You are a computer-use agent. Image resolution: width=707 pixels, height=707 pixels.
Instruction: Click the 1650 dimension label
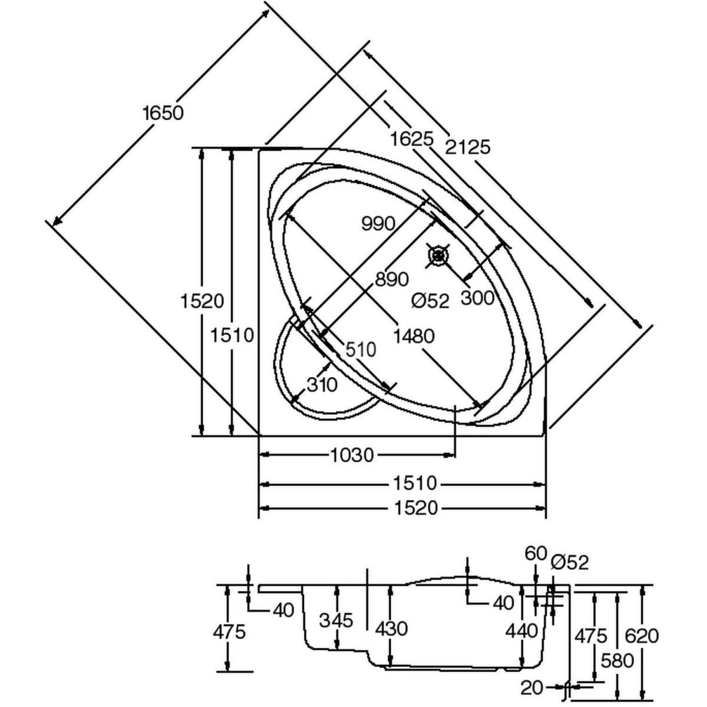point(163,112)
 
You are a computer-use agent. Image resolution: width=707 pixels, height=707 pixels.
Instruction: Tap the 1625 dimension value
point(411,140)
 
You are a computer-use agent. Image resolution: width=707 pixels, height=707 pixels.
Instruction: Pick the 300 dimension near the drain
point(477,298)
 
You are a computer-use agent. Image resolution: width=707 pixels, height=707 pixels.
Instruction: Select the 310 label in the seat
point(322,385)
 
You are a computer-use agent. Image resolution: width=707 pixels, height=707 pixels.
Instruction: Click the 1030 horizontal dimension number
point(352,455)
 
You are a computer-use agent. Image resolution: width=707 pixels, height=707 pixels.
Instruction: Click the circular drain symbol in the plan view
point(438,256)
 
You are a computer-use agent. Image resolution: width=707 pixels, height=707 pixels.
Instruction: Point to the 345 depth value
point(336,620)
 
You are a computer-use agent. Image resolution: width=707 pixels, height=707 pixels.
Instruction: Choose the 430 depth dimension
point(391,629)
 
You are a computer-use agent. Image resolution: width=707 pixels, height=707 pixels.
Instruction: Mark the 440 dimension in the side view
point(521,630)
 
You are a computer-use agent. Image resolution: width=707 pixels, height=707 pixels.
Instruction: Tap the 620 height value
point(640,636)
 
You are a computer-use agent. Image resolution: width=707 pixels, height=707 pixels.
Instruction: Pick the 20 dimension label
point(531,686)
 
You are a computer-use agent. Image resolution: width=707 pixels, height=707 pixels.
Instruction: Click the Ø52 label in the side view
point(570,562)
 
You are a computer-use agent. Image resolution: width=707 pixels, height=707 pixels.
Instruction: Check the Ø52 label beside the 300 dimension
point(430,301)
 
